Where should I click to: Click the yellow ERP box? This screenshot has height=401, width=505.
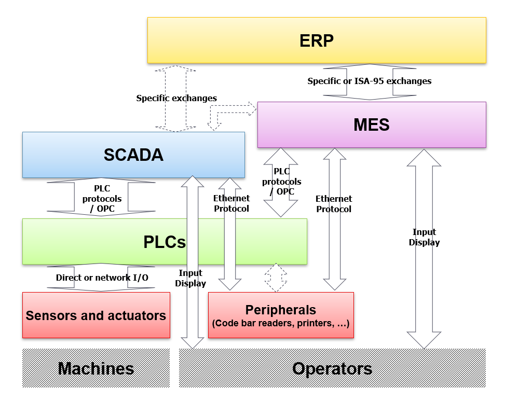point(317,40)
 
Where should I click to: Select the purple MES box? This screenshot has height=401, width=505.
point(372,125)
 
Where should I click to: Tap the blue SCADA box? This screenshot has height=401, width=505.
point(133,155)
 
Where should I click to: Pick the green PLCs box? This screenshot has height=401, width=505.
point(165,242)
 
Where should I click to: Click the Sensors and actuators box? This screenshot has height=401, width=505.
point(96,315)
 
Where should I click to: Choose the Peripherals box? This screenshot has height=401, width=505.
point(281,315)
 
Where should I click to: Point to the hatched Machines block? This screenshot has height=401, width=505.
point(96,368)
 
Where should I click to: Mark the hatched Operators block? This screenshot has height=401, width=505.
point(332,368)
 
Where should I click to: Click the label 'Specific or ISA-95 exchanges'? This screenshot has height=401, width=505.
point(369,81)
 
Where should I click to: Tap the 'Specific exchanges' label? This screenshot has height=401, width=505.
point(176,98)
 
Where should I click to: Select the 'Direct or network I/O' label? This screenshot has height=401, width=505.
point(102,278)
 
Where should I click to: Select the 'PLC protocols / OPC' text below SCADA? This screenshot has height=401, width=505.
point(102,199)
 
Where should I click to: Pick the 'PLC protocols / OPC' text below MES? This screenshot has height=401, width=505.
point(281,182)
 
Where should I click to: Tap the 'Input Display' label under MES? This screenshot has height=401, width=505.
point(424,237)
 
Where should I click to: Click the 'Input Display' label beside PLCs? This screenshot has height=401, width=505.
point(190,278)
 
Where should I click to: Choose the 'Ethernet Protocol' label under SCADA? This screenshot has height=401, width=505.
point(231,203)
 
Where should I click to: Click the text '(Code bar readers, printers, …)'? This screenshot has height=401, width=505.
point(281,324)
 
